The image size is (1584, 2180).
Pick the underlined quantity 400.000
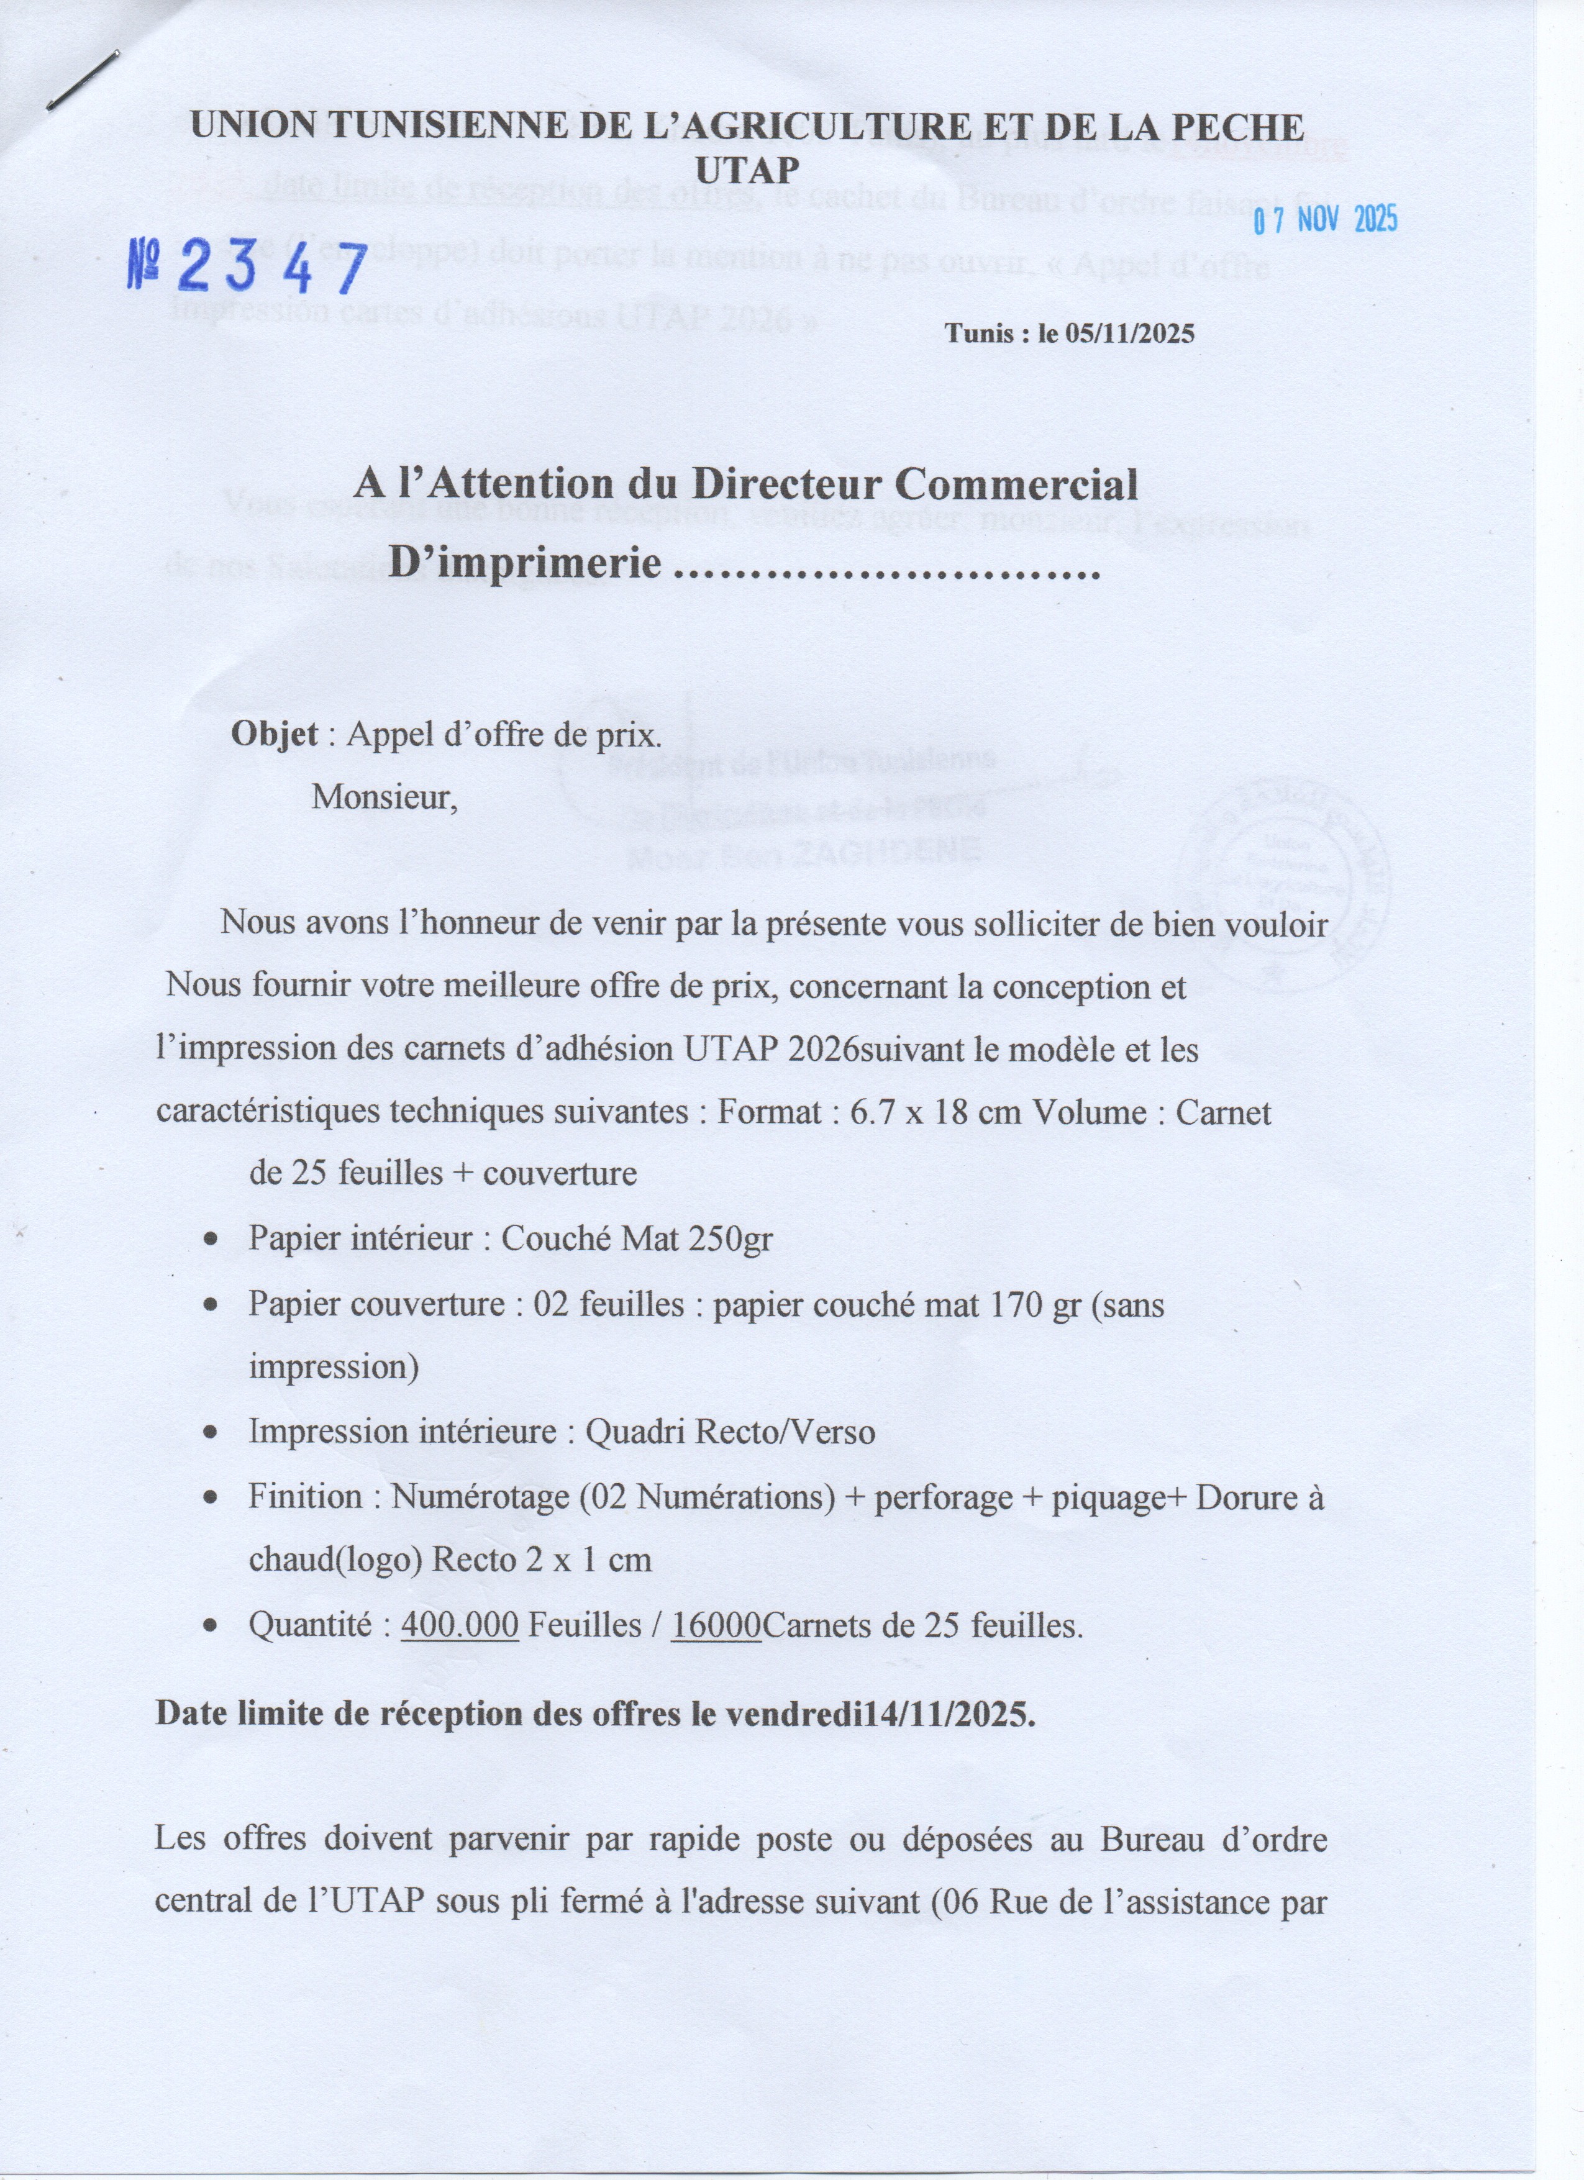tap(460, 1625)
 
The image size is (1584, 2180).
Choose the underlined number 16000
tap(716, 1625)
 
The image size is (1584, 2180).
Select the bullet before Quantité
tap(211, 1627)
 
